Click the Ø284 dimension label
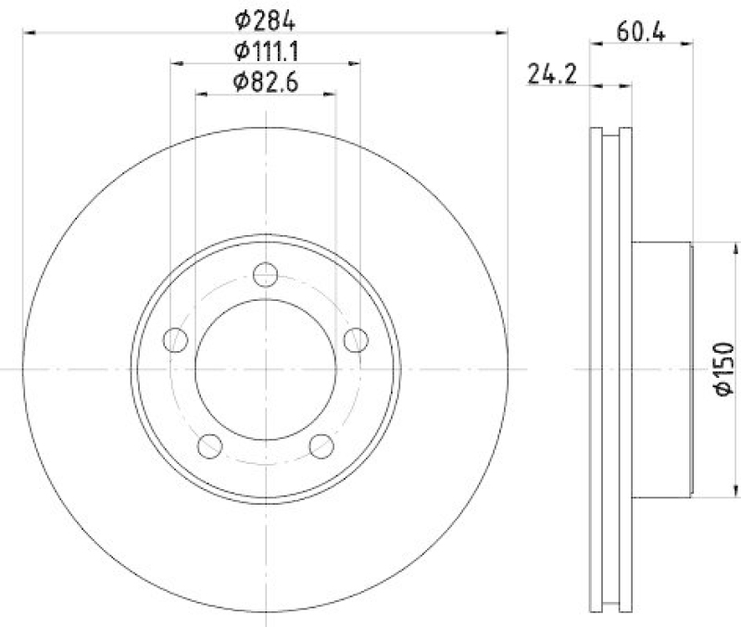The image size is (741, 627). (265, 17)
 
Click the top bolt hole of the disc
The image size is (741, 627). (266, 275)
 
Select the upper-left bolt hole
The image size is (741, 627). (176, 340)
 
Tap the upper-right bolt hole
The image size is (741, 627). (356, 340)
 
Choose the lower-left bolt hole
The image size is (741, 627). (210, 445)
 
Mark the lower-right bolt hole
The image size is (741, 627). (321, 445)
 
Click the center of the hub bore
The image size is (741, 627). (266, 369)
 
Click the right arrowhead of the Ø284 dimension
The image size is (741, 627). (504, 32)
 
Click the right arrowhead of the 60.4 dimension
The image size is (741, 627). (686, 42)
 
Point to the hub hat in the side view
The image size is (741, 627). (662, 369)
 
